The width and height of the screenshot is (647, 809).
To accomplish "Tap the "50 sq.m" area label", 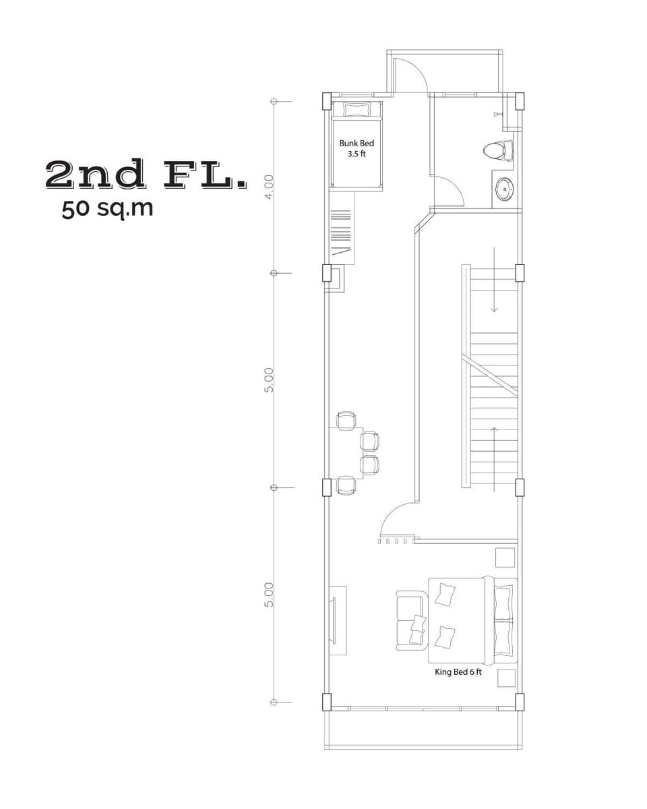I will [x=107, y=208].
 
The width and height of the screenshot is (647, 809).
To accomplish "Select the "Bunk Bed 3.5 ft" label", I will [x=356, y=148].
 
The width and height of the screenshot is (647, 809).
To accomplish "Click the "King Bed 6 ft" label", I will [x=458, y=671].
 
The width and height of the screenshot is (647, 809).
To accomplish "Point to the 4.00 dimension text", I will [x=270, y=186].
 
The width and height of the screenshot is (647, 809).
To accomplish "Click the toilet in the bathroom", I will [x=497, y=150].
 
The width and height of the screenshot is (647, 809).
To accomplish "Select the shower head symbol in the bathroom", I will [x=498, y=115].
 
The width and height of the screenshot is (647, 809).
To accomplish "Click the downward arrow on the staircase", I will [x=494, y=283].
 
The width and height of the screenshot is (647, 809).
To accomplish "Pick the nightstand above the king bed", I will [x=505, y=558].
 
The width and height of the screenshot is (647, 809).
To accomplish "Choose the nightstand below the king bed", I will [x=505, y=678].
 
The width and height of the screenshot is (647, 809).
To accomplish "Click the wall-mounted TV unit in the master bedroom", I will [x=337, y=620].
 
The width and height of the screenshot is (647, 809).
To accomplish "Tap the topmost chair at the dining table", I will [x=346, y=421].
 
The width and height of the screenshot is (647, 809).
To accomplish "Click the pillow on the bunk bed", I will [x=356, y=109].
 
